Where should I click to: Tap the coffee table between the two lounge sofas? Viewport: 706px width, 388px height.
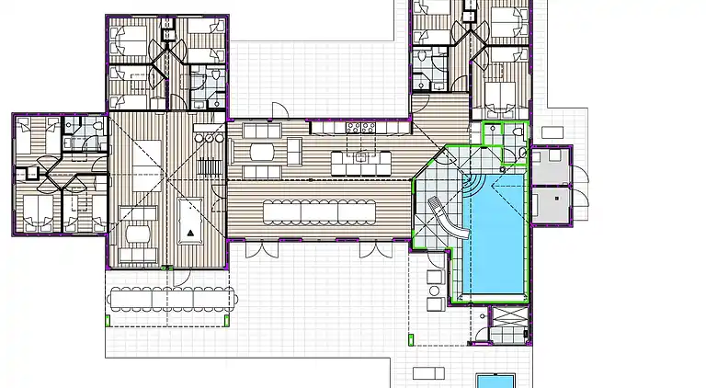click(x=261, y=152)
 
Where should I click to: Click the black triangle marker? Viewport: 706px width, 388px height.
click(x=190, y=234)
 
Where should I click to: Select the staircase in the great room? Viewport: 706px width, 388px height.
click(x=211, y=167)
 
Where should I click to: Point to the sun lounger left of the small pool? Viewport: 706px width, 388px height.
click(x=427, y=372)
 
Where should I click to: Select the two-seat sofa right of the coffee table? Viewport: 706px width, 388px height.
click(x=293, y=151)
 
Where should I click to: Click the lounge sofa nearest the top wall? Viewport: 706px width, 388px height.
click(x=261, y=131)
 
